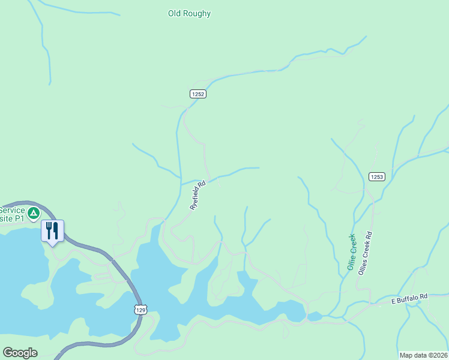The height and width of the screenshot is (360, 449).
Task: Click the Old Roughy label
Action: (x=189, y=13)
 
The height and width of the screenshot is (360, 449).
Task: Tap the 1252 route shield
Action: (x=198, y=94)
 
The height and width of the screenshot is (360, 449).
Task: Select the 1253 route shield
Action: (x=376, y=176)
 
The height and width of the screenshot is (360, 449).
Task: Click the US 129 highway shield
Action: (x=140, y=309)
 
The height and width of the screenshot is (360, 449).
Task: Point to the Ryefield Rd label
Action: (x=198, y=195)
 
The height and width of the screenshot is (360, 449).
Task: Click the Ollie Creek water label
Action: (x=351, y=252)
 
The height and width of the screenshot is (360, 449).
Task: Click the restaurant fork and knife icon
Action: (x=52, y=230)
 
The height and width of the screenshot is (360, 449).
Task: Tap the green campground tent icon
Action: (x=34, y=212)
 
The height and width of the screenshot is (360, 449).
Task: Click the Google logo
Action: (x=20, y=353)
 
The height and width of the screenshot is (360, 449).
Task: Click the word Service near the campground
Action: (x=12, y=210)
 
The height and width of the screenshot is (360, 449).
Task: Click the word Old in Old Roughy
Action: (x=174, y=13)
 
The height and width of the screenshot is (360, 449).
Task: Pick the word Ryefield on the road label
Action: (x=196, y=198)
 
